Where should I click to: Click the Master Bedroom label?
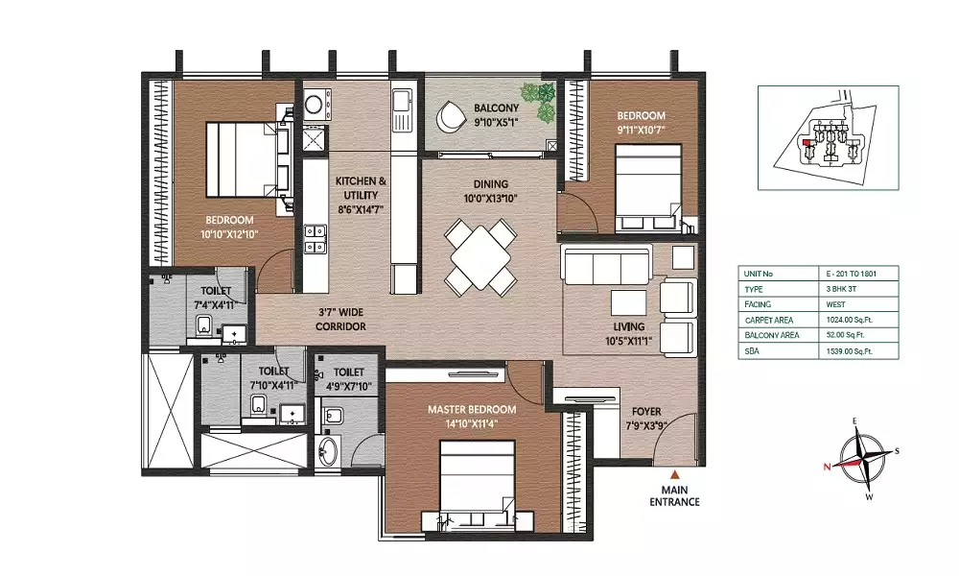tap(472, 416)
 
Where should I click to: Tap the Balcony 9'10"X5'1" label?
tap(496, 115)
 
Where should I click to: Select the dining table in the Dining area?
tap(480, 258)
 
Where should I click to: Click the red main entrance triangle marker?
tap(674, 474)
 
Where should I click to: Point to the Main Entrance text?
tap(674, 495)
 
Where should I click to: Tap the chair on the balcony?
tap(451, 116)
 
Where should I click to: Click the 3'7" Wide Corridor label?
tap(340, 320)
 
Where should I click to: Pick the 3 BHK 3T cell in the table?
tap(837, 289)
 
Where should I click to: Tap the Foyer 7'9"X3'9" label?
tap(646, 419)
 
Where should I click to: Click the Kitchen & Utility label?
tap(361, 195)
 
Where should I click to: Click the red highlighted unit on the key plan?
tap(807, 143)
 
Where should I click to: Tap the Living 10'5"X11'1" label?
tap(629, 334)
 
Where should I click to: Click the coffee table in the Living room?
tap(629, 302)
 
